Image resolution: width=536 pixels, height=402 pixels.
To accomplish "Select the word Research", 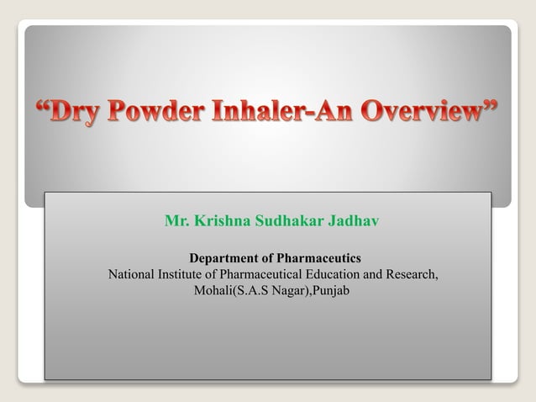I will [413, 274].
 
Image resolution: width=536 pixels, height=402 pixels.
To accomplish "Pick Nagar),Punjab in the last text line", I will [305, 291].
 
